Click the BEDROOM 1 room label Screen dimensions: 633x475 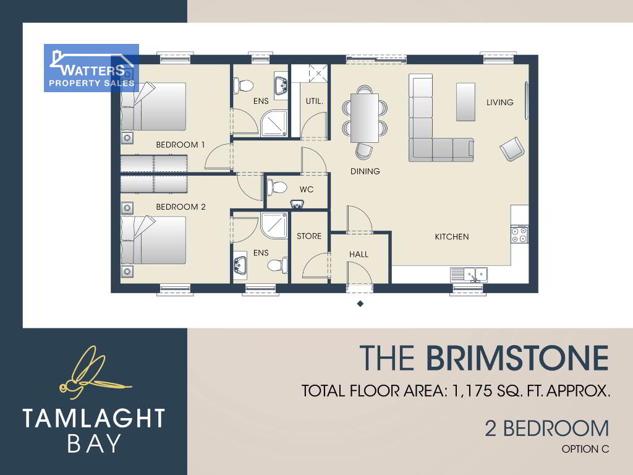[x=181, y=145]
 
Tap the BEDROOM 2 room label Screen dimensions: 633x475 [x=181, y=207]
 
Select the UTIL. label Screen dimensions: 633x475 [x=315, y=101]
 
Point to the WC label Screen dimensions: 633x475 [x=307, y=189]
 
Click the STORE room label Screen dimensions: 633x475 [x=309, y=236]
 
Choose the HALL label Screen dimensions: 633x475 [x=359, y=254]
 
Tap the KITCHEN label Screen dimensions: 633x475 [x=452, y=237]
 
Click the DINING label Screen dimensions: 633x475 [x=365, y=171]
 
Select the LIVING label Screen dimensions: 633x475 [x=499, y=102]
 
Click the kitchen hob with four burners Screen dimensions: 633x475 [x=519, y=235]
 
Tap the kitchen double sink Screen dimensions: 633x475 [x=469, y=275]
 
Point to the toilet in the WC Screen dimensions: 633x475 [x=277, y=187]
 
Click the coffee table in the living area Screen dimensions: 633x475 [x=465, y=102]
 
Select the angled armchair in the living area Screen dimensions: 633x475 [x=512, y=149]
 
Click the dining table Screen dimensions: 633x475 [x=365, y=118]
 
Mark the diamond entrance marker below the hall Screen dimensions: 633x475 [x=360, y=304]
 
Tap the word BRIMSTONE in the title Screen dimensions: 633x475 [x=517, y=358]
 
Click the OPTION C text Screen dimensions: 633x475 [x=585, y=449]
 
